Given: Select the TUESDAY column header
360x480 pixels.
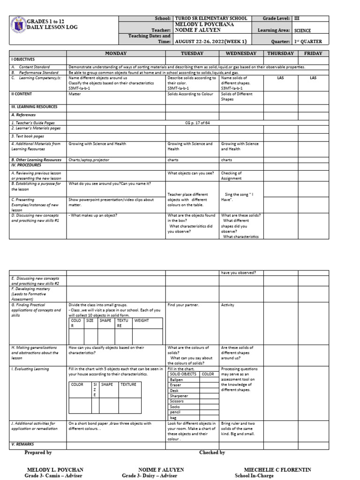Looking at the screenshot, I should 192,54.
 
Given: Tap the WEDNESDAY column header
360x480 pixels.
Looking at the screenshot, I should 241,54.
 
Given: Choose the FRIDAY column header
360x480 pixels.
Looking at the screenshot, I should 313,54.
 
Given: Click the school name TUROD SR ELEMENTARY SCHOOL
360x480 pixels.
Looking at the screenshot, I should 210,18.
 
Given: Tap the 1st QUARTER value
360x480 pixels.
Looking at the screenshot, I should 308,41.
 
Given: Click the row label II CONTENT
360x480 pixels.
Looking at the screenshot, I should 22,94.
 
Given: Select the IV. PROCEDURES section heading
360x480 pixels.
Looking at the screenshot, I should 27,165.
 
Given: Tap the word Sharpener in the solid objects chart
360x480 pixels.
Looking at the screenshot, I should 180,396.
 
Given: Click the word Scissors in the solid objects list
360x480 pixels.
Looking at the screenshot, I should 177,401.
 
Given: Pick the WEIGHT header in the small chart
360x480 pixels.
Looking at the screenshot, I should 142,321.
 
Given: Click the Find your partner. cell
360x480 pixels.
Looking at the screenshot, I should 183,305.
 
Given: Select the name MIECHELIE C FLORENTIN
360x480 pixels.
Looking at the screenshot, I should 277,470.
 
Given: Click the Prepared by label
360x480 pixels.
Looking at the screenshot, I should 38,452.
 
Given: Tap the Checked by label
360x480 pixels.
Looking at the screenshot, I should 212,452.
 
